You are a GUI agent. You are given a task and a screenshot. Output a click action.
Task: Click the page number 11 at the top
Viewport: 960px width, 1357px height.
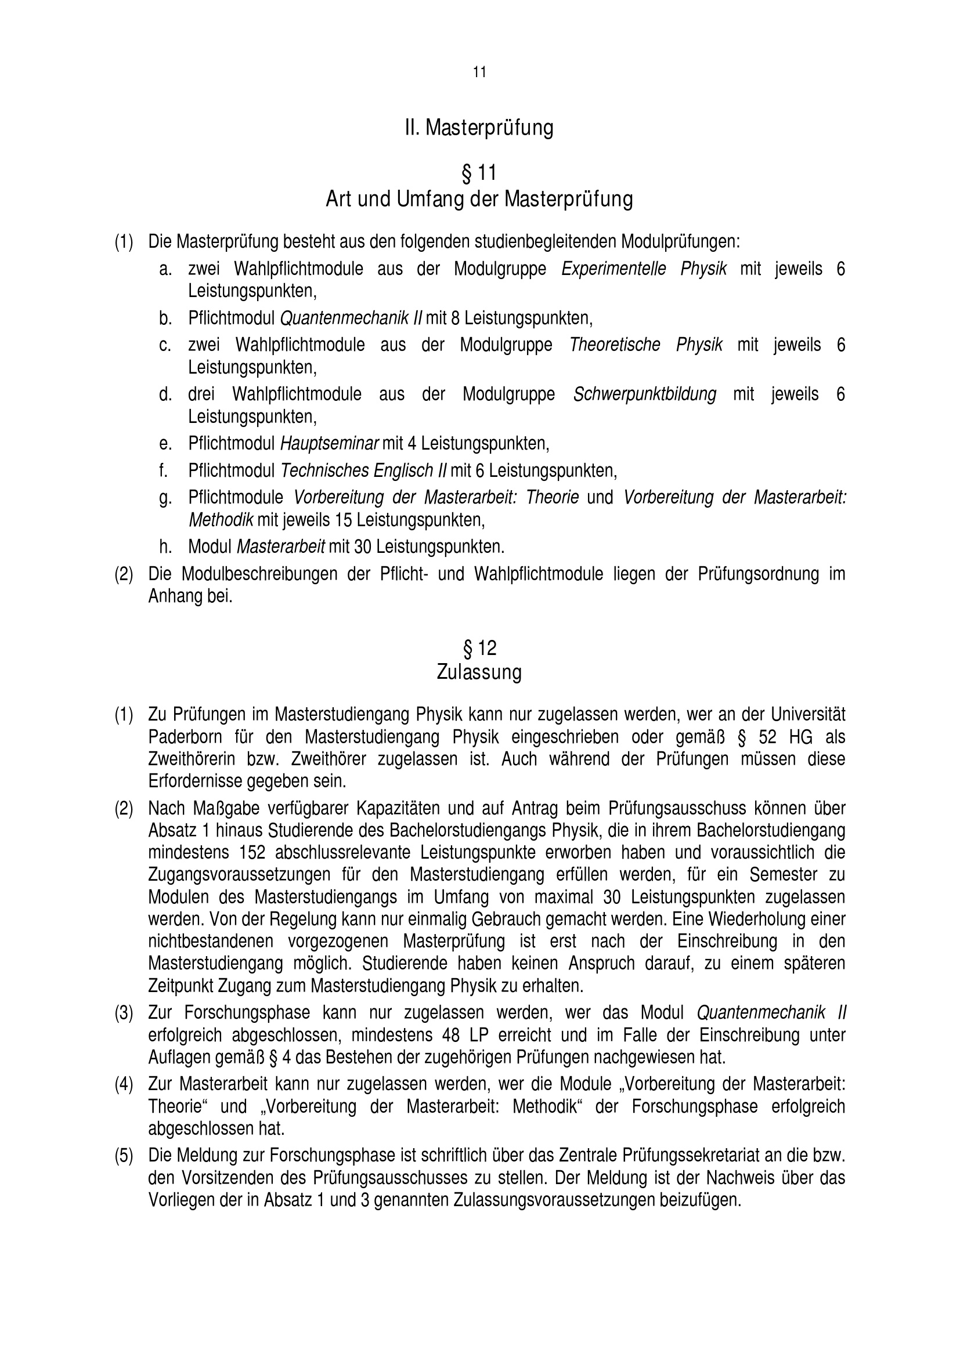[479, 72]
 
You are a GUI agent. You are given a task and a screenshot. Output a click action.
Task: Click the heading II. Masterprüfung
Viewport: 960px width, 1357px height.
[479, 128]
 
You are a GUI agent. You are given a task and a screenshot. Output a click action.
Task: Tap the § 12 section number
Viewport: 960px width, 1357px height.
[479, 649]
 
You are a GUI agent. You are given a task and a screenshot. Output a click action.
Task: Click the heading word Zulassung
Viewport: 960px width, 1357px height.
[479, 672]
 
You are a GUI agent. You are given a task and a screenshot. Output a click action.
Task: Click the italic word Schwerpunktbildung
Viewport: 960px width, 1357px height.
[644, 393]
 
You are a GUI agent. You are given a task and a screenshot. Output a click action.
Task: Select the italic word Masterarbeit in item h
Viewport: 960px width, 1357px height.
[281, 547]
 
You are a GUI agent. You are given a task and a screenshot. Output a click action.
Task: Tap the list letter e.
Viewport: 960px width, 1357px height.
[165, 443]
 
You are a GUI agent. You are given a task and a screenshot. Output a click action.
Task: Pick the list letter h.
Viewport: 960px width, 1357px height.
[165, 547]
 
